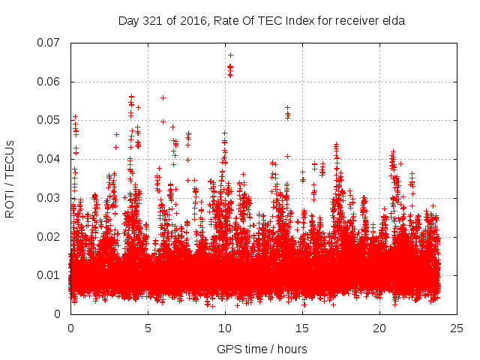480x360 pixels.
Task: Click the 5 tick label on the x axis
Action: click(148, 328)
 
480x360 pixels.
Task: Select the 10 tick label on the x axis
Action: click(225, 328)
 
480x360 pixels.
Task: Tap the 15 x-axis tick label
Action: click(302, 328)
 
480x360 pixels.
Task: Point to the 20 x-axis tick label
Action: click(379, 328)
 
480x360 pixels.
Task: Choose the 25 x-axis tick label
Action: click(457, 328)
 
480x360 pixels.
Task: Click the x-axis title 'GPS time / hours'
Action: click(262, 349)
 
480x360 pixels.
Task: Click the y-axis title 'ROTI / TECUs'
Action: click(10, 178)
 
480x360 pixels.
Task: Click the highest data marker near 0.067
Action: click(230, 55)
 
